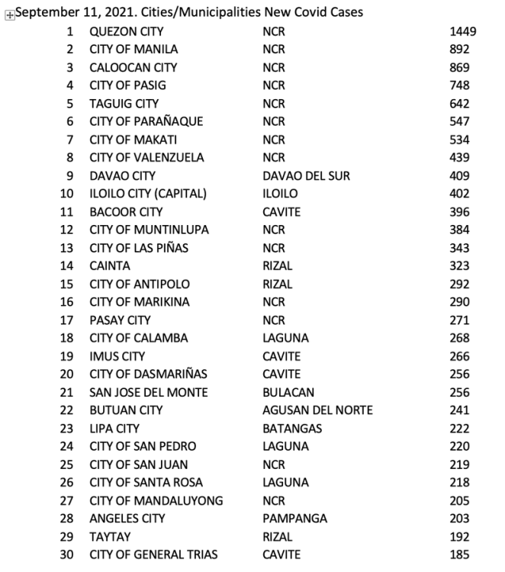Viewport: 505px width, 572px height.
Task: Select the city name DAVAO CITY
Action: point(122,175)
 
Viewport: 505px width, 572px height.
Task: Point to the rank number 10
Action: point(67,194)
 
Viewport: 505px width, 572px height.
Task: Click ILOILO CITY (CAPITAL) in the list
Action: point(148,194)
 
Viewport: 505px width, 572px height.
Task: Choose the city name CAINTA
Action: point(110,266)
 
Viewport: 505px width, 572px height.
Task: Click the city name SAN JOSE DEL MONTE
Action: point(148,392)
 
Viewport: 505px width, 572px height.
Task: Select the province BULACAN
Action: point(286,392)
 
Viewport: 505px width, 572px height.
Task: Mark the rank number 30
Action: point(67,554)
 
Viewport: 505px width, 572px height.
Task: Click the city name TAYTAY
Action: point(109,536)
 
